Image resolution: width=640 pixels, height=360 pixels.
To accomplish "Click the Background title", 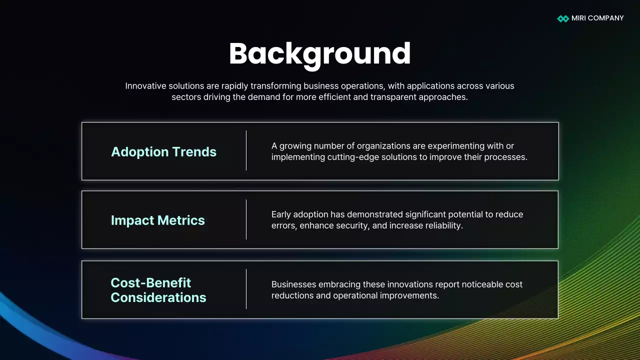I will (x=320, y=53).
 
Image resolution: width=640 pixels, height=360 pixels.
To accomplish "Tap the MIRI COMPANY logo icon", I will (x=563, y=18).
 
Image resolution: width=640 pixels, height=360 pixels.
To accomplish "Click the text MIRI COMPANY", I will (x=598, y=18).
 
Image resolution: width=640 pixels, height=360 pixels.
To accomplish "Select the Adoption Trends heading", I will (x=163, y=152).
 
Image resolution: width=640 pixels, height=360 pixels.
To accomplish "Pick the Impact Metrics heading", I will (x=158, y=220).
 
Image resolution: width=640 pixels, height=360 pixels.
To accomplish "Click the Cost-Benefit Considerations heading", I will (x=158, y=290).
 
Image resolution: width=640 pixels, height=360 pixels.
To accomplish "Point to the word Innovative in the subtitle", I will (x=145, y=86).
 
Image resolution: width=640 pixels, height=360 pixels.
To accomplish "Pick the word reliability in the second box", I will (x=442, y=225).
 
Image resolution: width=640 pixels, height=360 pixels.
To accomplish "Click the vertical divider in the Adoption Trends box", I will (x=246, y=150).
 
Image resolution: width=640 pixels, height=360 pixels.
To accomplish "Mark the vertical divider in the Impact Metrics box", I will (x=246, y=219).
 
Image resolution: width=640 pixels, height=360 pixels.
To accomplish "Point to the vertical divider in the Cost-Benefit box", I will (x=246, y=289).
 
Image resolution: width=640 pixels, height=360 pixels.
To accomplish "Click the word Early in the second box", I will (x=281, y=214).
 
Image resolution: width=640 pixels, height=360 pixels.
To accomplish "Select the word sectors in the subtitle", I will (x=186, y=97).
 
